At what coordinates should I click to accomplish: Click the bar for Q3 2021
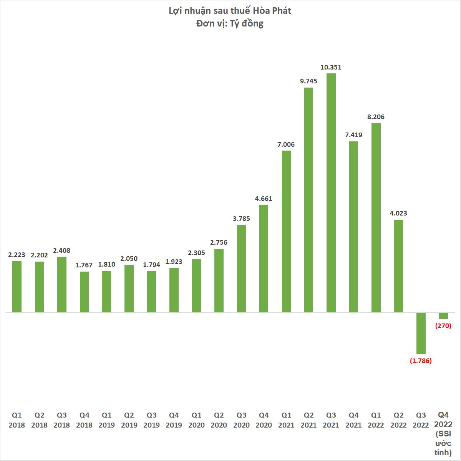pyautogui.click(x=331, y=192)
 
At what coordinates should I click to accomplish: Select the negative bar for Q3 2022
pyautogui.click(x=421, y=333)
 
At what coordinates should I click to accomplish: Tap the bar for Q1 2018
pyautogui.click(x=17, y=287)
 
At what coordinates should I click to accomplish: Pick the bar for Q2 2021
pyautogui.click(x=308, y=200)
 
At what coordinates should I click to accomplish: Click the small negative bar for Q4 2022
pyautogui.click(x=443, y=315)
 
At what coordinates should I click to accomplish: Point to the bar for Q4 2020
pyautogui.click(x=264, y=258)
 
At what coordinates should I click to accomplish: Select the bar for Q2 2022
pyautogui.click(x=398, y=266)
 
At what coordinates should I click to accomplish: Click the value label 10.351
pyautogui.click(x=331, y=67)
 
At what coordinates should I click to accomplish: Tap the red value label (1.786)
pyautogui.click(x=421, y=361)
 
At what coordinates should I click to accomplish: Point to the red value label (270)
pyautogui.click(x=443, y=326)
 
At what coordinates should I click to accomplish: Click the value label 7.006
pyautogui.click(x=286, y=144)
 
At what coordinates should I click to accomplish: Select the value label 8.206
pyautogui.click(x=376, y=117)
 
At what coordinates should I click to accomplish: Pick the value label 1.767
pyautogui.click(x=84, y=265)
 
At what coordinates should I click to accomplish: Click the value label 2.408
pyautogui.click(x=62, y=250)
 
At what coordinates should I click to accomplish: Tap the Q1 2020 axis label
pyautogui.click(x=196, y=420)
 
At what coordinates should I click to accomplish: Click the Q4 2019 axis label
pyautogui.click(x=174, y=420)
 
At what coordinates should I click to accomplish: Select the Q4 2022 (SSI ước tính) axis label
pyautogui.click(x=443, y=434)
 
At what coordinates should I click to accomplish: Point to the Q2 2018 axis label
pyautogui.click(x=39, y=420)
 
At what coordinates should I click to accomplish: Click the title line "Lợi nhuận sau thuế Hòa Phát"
pyautogui.click(x=230, y=11)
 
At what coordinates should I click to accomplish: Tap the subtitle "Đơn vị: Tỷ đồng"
pyautogui.click(x=230, y=23)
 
